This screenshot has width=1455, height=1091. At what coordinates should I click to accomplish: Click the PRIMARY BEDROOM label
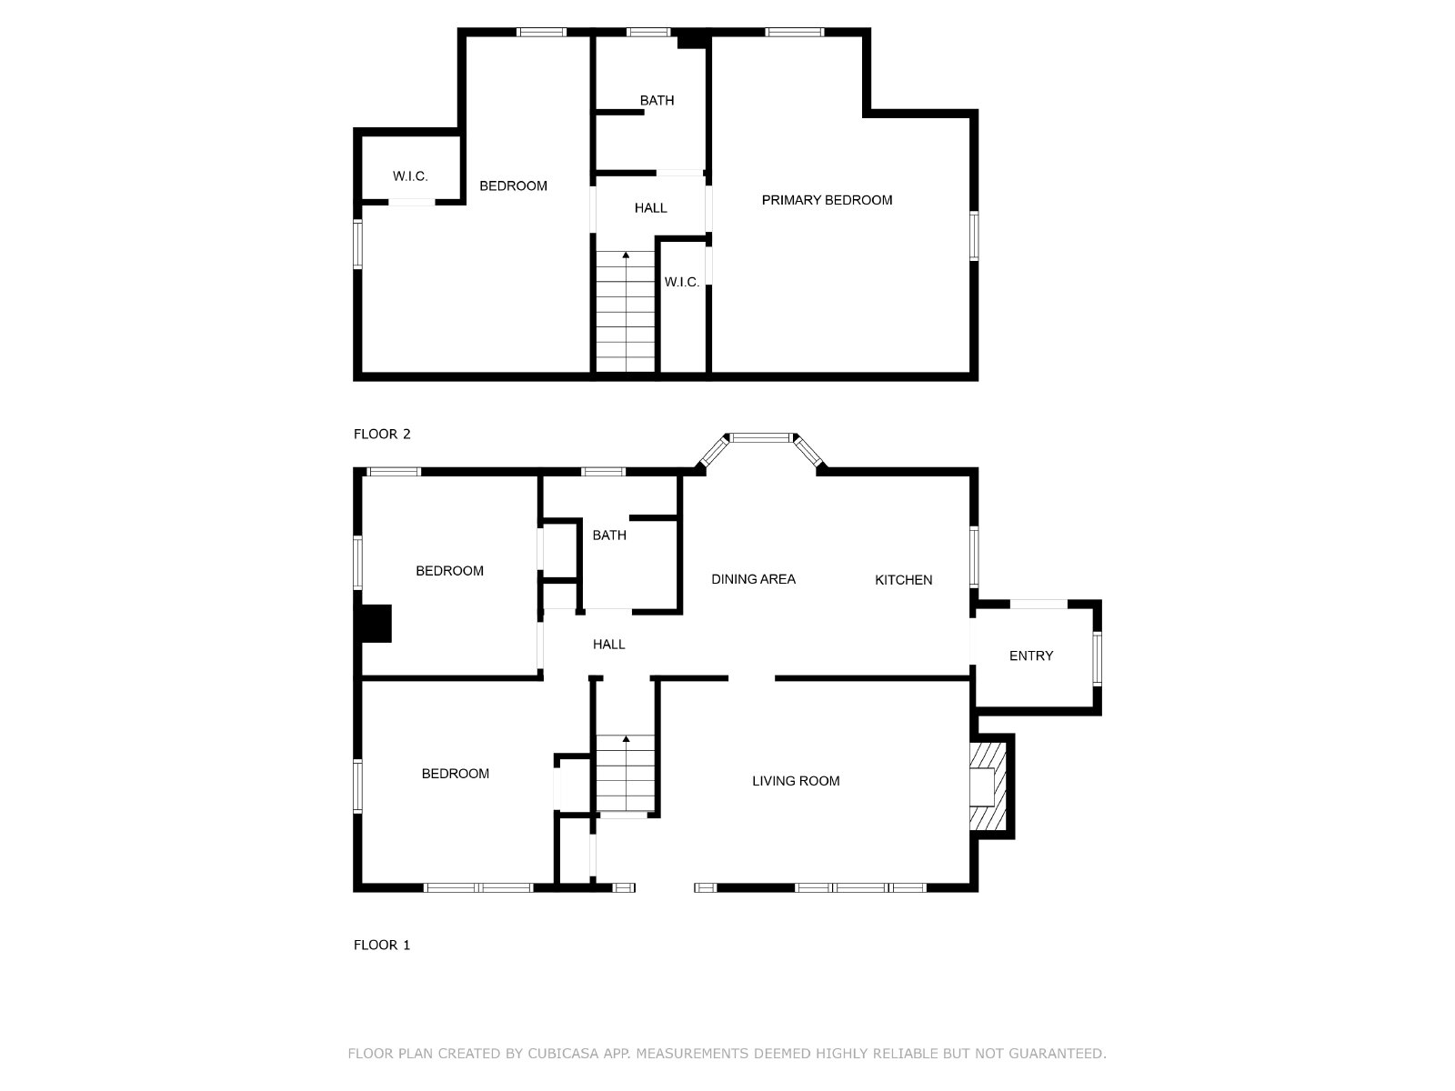pyautogui.click(x=827, y=200)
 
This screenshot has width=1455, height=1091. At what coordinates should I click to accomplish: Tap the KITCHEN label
pyautogui.click(x=904, y=580)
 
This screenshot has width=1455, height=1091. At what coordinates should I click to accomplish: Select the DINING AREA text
pyautogui.click(x=753, y=579)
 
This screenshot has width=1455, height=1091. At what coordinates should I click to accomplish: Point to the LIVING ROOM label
pyautogui.click(x=796, y=781)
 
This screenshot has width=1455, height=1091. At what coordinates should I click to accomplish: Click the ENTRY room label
pyautogui.click(x=1030, y=656)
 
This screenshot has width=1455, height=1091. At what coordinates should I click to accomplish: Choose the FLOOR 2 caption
pyautogui.click(x=382, y=434)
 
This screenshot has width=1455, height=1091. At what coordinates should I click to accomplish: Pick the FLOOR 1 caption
pyautogui.click(x=382, y=945)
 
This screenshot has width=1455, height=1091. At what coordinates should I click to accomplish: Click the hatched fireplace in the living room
pyautogui.click(x=988, y=786)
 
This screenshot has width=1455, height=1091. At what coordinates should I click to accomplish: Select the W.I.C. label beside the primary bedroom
pyautogui.click(x=682, y=282)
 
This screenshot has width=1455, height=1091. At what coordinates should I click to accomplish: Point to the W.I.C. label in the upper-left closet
pyautogui.click(x=410, y=176)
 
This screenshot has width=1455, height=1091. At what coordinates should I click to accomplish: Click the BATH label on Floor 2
pyautogui.click(x=657, y=101)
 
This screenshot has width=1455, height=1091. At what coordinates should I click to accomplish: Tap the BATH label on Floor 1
pyautogui.click(x=609, y=535)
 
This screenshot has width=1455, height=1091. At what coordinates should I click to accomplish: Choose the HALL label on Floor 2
pyautogui.click(x=651, y=208)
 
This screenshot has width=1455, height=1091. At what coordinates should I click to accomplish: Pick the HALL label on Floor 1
pyautogui.click(x=608, y=644)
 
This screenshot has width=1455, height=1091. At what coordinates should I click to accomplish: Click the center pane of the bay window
pyautogui.click(x=761, y=437)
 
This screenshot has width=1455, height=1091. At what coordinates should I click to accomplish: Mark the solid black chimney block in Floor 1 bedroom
pyautogui.click(x=376, y=624)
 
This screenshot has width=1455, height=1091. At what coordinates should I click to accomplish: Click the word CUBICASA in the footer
pyautogui.click(x=563, y=1053)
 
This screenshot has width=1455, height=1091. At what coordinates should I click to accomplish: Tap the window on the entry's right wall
pyautogui.click(x=1097, y=658)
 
